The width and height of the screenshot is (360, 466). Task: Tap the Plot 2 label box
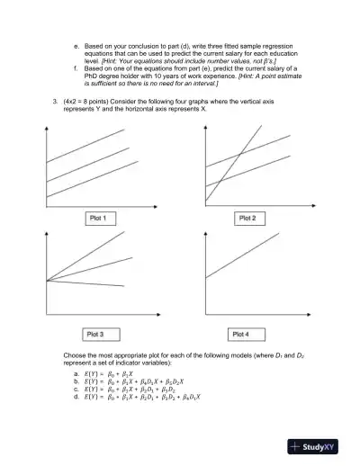(247, 218)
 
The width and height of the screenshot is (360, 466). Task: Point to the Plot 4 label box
(241, 334)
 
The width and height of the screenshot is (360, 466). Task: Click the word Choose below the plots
(76, 356)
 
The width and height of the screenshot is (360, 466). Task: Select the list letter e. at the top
(75, 43)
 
